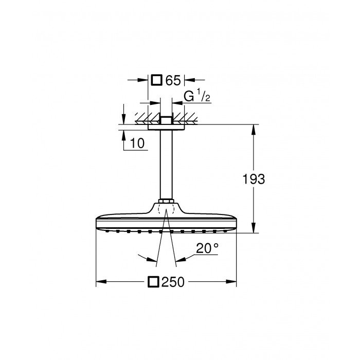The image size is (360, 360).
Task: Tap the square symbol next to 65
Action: pos(157,80)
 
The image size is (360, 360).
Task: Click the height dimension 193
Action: pos(254,179)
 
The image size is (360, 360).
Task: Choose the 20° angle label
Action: pos(208,248)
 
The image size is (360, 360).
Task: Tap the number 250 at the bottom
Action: pos(173,282)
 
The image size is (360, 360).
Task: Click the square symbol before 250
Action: pos(153,282)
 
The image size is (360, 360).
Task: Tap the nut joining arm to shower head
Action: pos(166,200)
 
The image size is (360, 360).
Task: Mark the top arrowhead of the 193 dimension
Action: pos(253,129)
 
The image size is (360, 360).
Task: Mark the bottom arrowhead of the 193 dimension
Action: pos(253,229)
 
